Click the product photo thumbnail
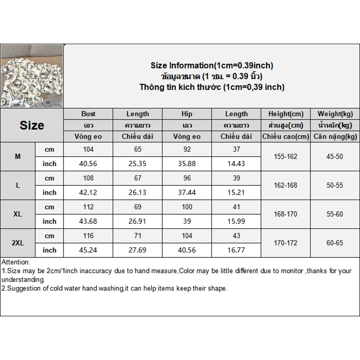pyautogui.click(x=31, y=76)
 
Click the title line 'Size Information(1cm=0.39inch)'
pyautogui.click(x=211, y=66)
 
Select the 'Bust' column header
pyautogui.click(x=88, y=114)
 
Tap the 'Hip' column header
pyautogui.click(x=187, y=114)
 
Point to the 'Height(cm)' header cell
pyautogui.click(x=285, y=114)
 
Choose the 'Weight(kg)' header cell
pyautogui.click(x=335, y=114)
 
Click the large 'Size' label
pyautogui.click(x=31, y=126)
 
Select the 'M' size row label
pyautogui.click(x=18, y=157)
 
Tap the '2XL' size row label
pyautogui.click(x=18, y=243)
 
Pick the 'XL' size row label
pyautogui.click(x=18, y=214)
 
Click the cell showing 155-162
pyautogui.click(x=285, y=157)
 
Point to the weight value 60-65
pyautogui.click(x=335, y=243)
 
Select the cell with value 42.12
pyautogui.click(x=88, y=193)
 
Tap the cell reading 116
pyautogui.click(x=88, y=236)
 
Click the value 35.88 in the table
pyautogui.click(x=187, y=164)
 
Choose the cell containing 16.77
pyautogui.click(x=236, y=250)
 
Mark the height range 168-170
pyautogui.click(x=285, y=214)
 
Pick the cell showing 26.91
pyautogui.click(x=138, y=221)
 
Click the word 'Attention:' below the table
pyautogui.click(x=16, y=262)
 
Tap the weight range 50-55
pyautogui.click(x=335, y=185)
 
